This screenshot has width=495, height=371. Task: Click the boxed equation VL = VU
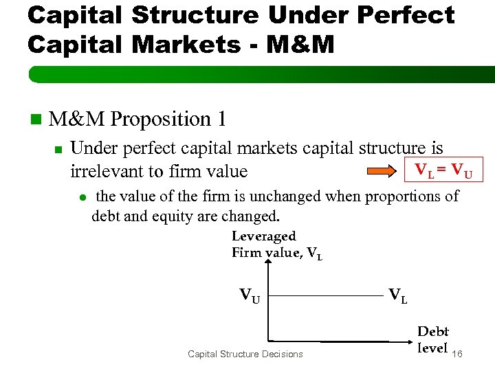click(x=443, y=169)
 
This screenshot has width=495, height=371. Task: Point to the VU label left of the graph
click(x=250, y=296)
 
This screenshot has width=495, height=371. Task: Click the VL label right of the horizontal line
click(x=397, y=296)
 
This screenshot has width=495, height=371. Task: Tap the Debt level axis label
click(x=432, y=339)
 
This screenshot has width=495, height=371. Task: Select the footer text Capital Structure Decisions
click(x=245, y=354)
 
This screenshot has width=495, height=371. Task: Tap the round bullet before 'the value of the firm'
click(x=81, y=197)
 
